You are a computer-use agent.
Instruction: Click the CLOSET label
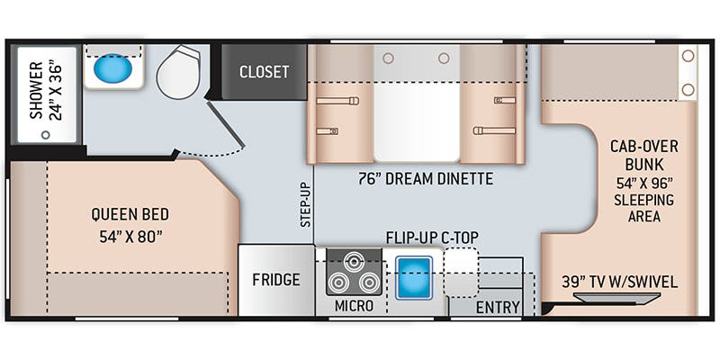[x=264, y=72]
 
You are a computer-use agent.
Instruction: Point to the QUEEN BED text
[x=130, y=215]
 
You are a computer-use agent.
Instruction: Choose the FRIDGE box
[x=275, y=280]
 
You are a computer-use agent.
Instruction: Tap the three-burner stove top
[x=352, y=272]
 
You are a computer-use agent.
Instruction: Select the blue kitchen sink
[x=414, y=275]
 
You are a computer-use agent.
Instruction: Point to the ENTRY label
[x=498, y=307]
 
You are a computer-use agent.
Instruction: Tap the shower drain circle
[x=43, y=134]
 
